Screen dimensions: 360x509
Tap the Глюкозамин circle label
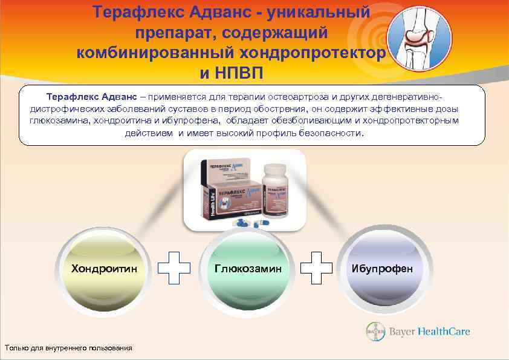(x=248, y=267)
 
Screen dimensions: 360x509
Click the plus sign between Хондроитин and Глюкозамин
(x=174, y=265)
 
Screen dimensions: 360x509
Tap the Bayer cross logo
(x=375, y=332)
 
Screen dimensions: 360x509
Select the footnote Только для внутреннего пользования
(x=68, y=347)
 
